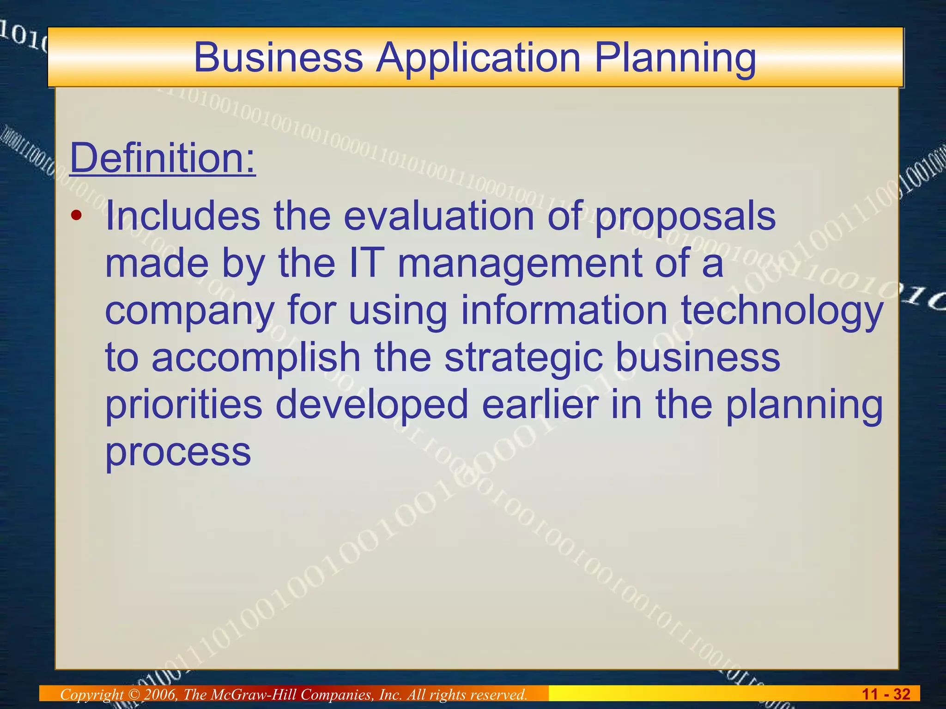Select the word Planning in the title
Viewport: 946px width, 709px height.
(x=675, y=58)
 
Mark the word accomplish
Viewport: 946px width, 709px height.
(x=256, y=358)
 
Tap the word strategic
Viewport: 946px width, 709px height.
(x=523, y=359)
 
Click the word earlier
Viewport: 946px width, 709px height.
(x=540, y=404)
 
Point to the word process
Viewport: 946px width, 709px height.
(x=178, y=453)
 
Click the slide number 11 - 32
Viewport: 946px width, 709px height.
(x=886, y=694)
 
